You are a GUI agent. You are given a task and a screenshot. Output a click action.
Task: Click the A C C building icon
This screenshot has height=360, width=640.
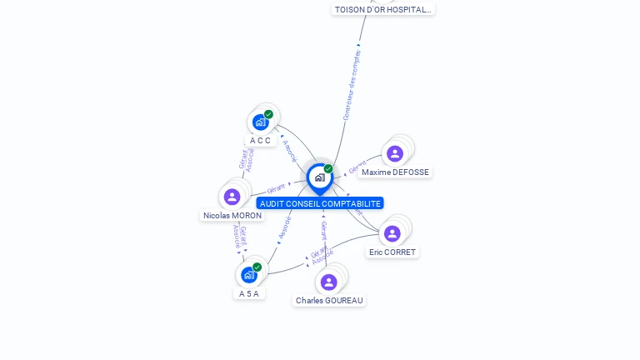[260, 122]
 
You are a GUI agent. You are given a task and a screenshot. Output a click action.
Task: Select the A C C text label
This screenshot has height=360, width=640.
[260, 140]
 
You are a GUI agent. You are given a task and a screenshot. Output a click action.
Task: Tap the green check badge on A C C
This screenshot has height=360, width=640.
[268, 114]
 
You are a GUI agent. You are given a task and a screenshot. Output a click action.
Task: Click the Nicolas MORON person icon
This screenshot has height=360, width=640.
[232, 197]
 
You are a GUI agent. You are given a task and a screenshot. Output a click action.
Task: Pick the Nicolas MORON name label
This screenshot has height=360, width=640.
[232, 215]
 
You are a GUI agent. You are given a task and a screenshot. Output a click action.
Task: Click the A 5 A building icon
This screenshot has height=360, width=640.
[248, 275]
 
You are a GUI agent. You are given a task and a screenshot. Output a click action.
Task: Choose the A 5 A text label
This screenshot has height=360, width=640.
[249, 293]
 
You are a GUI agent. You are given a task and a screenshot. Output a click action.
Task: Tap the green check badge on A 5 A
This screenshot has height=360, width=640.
[257, 267]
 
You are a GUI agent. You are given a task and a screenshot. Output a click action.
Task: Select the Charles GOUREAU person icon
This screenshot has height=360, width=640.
[328, 282]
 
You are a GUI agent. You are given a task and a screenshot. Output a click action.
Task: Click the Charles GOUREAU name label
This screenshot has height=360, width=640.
[329, 300]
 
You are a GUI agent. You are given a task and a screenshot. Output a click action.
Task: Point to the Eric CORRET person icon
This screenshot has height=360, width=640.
[392, 233]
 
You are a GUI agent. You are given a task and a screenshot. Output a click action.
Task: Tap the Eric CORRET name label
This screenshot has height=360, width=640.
[392, 252]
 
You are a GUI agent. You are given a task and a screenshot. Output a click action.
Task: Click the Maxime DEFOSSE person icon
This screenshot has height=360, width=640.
[394, 153]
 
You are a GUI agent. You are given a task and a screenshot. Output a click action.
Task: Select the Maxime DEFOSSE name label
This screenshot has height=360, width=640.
[395, 172]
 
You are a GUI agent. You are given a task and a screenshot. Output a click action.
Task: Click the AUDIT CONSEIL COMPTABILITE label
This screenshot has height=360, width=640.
[320, 203]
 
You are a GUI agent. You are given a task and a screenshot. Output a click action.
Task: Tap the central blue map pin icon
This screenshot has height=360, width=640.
[319, 177]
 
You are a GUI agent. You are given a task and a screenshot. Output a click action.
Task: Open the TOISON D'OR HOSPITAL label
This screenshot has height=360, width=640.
[383, 9]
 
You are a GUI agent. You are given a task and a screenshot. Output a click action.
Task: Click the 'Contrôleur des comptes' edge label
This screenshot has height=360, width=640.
[352, 84]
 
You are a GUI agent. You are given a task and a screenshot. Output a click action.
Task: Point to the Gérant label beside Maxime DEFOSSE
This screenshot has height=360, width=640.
[357, 167]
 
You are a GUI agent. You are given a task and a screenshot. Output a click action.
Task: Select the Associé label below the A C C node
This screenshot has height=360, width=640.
[289, 150]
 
